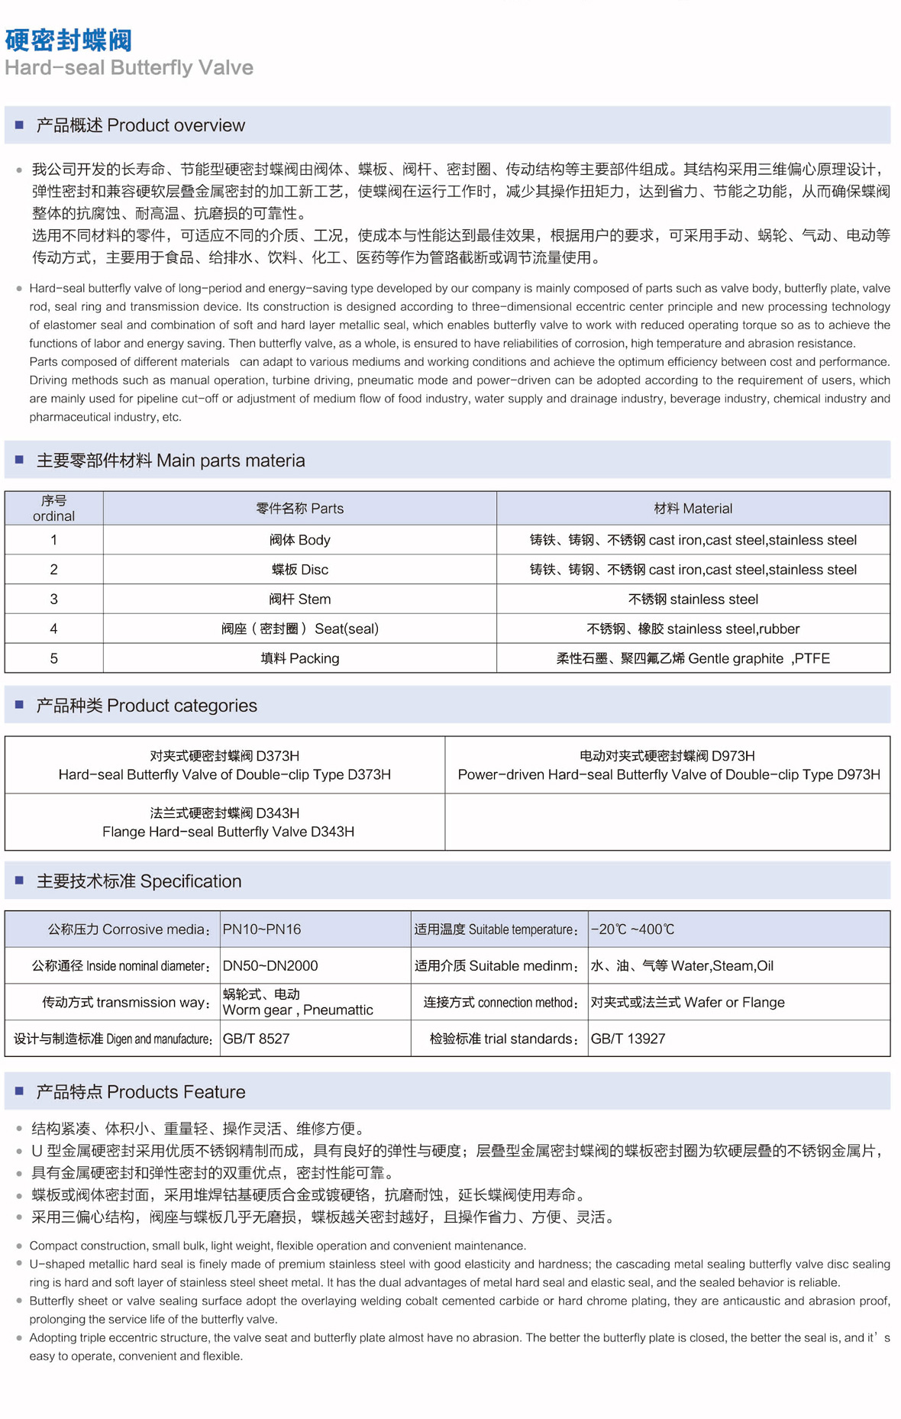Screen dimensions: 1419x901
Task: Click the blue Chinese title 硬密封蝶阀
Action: [68, 40]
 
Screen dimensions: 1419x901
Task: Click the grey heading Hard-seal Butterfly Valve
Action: [129, 68]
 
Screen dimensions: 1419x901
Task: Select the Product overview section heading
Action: [140, 125]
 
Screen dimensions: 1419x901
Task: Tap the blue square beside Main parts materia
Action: [20, 460]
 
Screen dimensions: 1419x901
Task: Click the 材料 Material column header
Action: [693, 509]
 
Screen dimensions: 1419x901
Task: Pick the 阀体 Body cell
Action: [299, 540]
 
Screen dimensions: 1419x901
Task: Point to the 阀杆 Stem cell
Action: [299, 600]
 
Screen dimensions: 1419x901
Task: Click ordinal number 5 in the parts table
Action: [53, 658]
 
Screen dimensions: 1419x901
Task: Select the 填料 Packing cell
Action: [299, 658]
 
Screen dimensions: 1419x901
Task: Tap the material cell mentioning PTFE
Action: [693, 658]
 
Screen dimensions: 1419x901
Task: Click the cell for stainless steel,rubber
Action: [693, 629]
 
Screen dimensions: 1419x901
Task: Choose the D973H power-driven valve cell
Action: [667, 765]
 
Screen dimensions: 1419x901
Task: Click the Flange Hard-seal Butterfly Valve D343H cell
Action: [228, 823]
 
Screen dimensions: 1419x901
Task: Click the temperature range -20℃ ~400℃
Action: [633, 929]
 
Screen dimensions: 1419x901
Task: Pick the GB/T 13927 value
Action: [628, 1039]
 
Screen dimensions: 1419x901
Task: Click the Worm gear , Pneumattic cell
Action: [298, 1003]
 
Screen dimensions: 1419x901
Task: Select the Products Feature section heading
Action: [140, 1092]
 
